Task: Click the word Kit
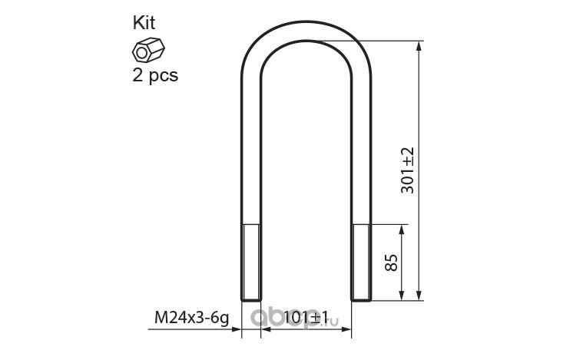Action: [x=144, y=23]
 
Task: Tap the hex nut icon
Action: [x=148, y=50]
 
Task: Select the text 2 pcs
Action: [x=155, y=76]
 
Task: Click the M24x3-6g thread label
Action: [x=191, y=317]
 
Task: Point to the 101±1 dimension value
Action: [x=306, y=317]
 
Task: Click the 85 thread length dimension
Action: [x=391, y=263]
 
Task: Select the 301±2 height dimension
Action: [x=407, y=170]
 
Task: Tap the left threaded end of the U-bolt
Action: [x=251, y=263]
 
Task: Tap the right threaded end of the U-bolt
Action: [x=361, y=263]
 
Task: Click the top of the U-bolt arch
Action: [x=306, y=30]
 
